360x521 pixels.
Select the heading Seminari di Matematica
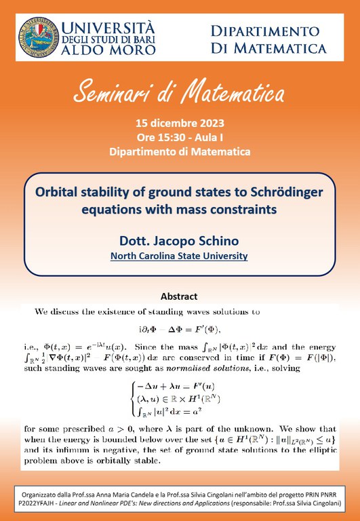coord(179,92)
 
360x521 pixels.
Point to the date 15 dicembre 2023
coord(180,123)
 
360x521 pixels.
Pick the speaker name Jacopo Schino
coord(197,241)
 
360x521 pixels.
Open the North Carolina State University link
coord(180,256)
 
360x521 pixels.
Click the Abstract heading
coord(179,296)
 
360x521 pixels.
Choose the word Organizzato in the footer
coord(48,494)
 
